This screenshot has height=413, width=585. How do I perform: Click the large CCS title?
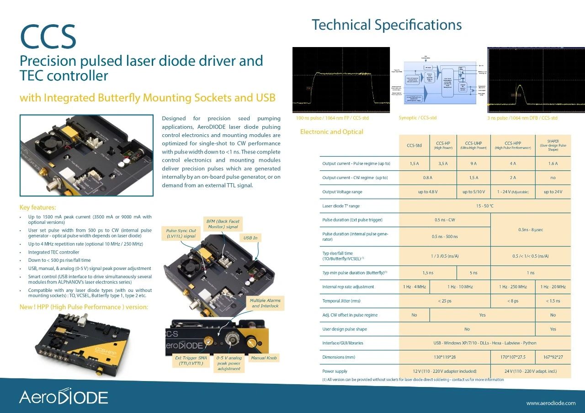[x=48, y=37]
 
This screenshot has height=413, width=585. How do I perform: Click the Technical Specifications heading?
[x=386, y=25]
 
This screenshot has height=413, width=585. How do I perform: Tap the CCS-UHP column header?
[x=473, y=145]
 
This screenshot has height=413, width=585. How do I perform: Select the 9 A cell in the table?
[x=473, y=164]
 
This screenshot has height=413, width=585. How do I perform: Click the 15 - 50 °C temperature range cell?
[x=484, y=206]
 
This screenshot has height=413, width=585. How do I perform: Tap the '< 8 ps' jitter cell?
[x=513, y=301]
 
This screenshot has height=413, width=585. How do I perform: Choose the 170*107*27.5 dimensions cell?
[x=513, y=357]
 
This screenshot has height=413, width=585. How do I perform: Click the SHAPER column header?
[x=553, y=145]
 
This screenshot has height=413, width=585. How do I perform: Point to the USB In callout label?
[x=250, y=238]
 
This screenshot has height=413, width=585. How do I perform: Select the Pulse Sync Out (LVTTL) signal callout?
[x=181, y=233]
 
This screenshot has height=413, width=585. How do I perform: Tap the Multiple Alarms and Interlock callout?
[x=265, y=303]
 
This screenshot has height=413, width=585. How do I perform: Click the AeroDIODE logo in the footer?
[x=64, y=397]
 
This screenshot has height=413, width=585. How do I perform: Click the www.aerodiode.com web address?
[x=551, y=403]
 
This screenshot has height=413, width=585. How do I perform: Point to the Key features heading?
[x=38, y=207]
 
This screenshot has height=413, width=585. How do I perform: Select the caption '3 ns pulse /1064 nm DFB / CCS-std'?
[x=522, y=118]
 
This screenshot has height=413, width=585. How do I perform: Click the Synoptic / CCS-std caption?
[x=417, y=118]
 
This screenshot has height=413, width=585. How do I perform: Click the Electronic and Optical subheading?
[x=331, y=132]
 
